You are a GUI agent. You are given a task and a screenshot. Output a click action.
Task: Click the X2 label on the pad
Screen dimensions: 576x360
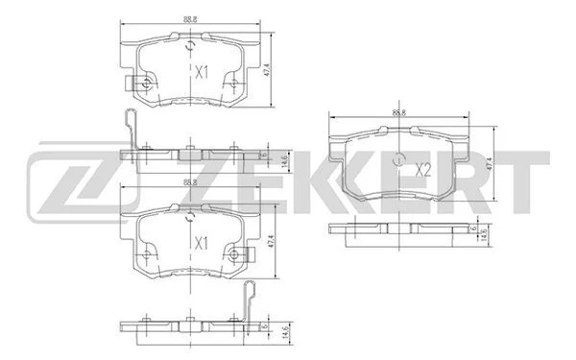(422, 170)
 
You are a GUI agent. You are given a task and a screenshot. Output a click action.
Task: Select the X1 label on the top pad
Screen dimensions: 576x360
(202, 72)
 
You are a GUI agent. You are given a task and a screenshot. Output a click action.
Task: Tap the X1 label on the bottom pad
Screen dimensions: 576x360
(202, 244)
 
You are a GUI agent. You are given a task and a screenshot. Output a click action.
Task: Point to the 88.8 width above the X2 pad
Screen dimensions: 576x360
(399, 112)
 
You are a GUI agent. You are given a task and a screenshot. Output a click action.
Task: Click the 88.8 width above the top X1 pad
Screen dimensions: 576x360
(190, 20)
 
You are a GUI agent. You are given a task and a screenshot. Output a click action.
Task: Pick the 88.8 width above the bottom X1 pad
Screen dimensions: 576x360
(190, 182)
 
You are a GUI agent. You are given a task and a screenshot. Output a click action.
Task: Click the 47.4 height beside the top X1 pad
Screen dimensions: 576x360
(267, 70)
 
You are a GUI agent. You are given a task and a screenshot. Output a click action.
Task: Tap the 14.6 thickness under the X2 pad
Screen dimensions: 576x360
(484, 234)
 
